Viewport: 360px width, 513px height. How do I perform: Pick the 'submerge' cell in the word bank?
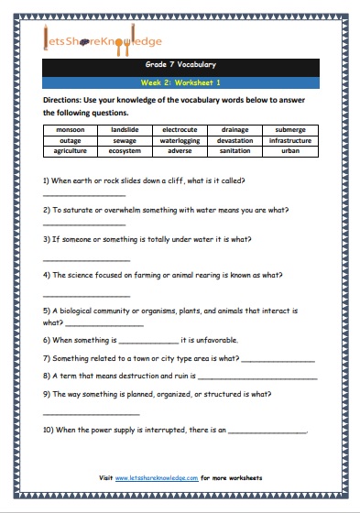click(290, 130)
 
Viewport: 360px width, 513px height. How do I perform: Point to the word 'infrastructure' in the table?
click(290, 140)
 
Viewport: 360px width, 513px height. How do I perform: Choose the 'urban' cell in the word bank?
click(290, 150)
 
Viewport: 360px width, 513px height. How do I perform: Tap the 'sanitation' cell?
click(235, 150)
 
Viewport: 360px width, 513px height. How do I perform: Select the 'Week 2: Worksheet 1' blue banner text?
click(180, 82)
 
